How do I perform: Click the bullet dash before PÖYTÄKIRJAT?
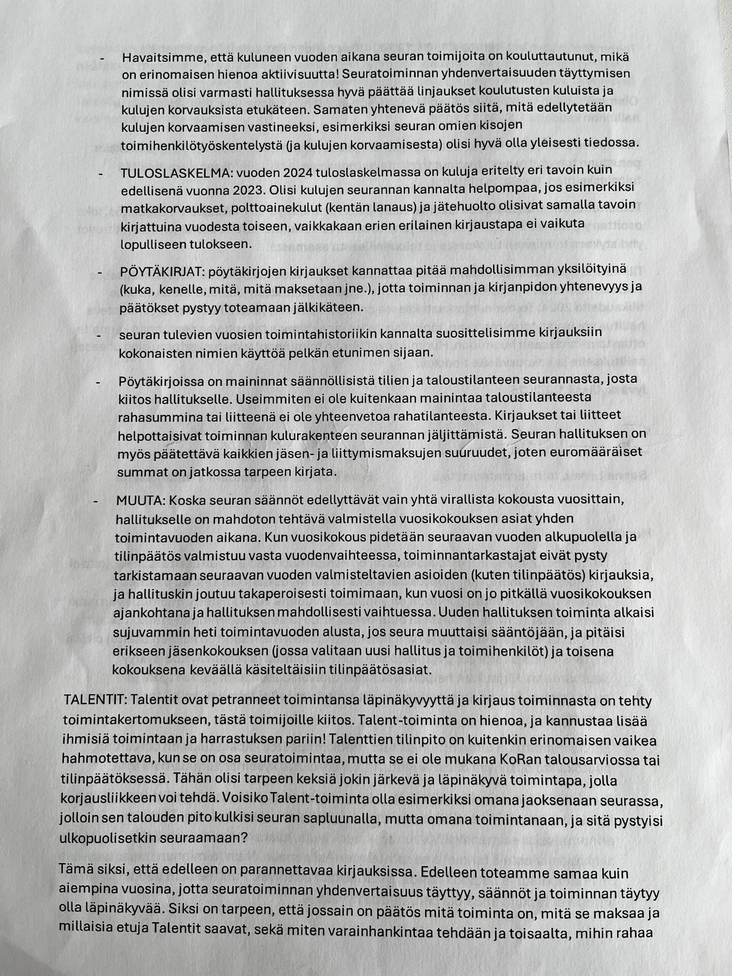(x=100, y=273)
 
